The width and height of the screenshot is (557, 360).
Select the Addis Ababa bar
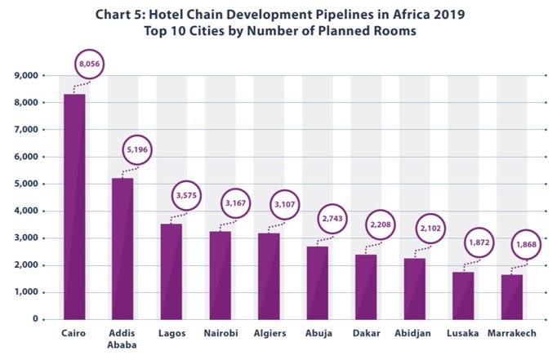point(122,248)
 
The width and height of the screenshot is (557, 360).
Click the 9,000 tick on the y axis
point(30,76)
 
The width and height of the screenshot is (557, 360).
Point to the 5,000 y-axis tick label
point(30,184)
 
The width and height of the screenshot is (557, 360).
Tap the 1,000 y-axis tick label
point(30,292)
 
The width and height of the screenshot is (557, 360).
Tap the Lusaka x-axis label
point(462,334)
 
